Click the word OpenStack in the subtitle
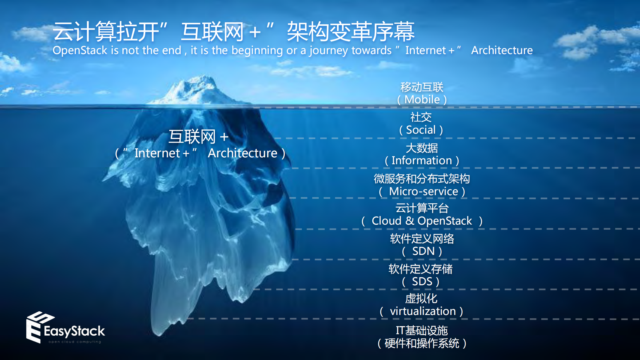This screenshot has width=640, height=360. pos(80,50)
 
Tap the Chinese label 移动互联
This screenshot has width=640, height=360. pos(422,87)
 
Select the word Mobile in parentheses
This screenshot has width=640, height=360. pos(422,99)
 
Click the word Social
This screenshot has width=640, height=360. pos(421,130)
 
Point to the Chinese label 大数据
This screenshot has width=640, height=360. pos(422,148)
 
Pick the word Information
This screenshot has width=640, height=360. pos(422,160)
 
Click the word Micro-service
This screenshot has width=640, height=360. pos(423,191)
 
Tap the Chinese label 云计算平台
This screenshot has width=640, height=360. pos(422,208)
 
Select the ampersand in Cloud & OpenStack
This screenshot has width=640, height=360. pos(410,221)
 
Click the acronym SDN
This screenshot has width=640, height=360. pos(423,251)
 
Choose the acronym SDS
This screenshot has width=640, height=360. pos(422,281)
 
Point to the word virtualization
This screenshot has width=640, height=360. pos(423,311)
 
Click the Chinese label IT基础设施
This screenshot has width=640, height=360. pos(422,330)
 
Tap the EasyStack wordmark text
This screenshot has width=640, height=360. pos(74,331)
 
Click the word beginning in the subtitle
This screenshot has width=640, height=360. pos(257,50)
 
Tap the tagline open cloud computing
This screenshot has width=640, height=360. pos(75,342)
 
